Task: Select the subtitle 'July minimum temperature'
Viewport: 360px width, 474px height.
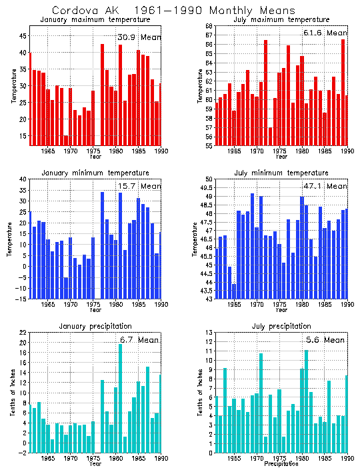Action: [x=277, y=173]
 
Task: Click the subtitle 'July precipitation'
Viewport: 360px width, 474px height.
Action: [x=277, y=326]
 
